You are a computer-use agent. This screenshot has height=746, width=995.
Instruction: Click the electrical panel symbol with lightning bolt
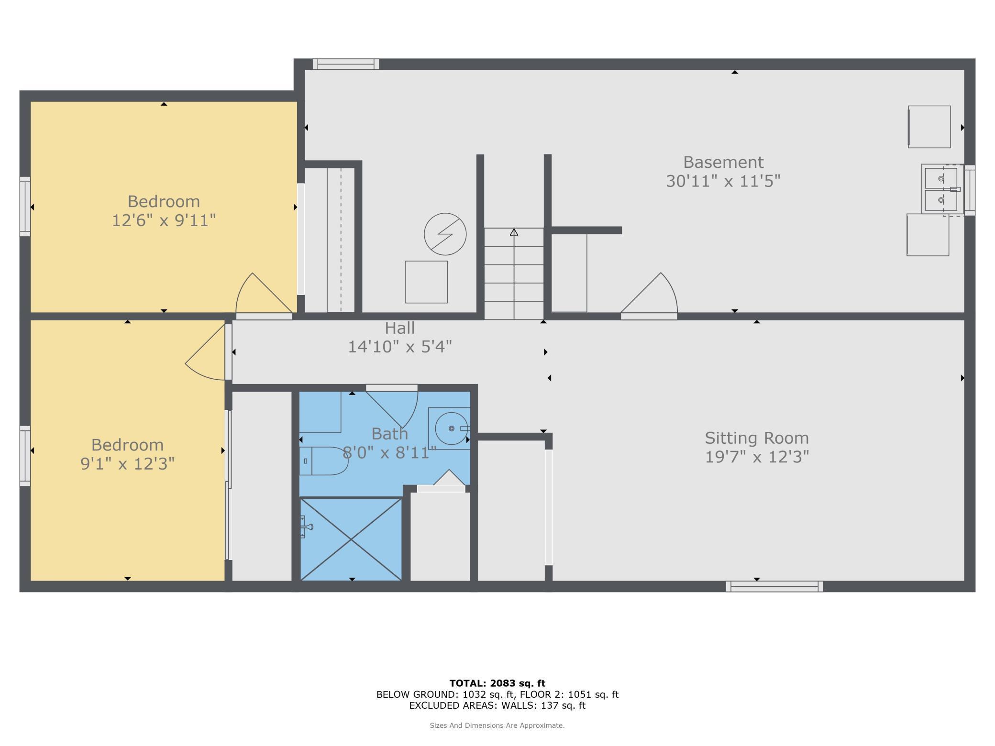pyautogui.click(x=445, y=234)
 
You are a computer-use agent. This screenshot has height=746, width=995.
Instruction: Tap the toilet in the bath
pyautogui.click(x=324, y=461)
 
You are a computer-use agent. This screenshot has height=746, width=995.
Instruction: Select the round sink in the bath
pyautogui.click(x=451, y=428)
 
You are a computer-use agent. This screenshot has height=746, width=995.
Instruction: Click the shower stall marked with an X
pyautogui.click(x=351, y=539)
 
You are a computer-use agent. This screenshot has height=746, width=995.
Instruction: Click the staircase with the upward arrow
pyautogui.click(x=514, y=274)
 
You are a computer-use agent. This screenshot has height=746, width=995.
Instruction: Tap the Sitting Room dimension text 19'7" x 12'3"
pyautogui.click(x=756, y=457)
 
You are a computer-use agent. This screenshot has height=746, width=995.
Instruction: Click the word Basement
pyautogui.click(x=723, y=162)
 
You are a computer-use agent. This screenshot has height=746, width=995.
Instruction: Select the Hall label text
pyautogui.click(x=399, y=328)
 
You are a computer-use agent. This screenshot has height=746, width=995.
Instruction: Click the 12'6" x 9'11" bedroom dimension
pyautogui.click(x=164, y=220)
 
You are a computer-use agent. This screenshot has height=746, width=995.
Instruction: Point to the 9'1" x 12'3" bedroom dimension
pyautogui.click(x=127, y=464)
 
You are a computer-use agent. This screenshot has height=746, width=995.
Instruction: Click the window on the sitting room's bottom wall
pyautogui.click(x=774, y=586)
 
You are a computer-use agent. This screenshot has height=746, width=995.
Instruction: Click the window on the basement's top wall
pyautogui.click(x=346, y=64)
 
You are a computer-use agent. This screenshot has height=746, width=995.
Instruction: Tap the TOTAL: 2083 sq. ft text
pyautogui.click(x=497, y=683)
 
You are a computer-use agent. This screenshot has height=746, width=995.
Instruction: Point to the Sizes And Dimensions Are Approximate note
pyautogui.click(x=497, y=725)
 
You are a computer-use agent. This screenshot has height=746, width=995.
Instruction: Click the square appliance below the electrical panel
pyautogui.click(x=426, y=282)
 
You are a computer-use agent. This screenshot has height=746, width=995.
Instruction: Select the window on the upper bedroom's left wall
pyautogui.click(x=25, y=207)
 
